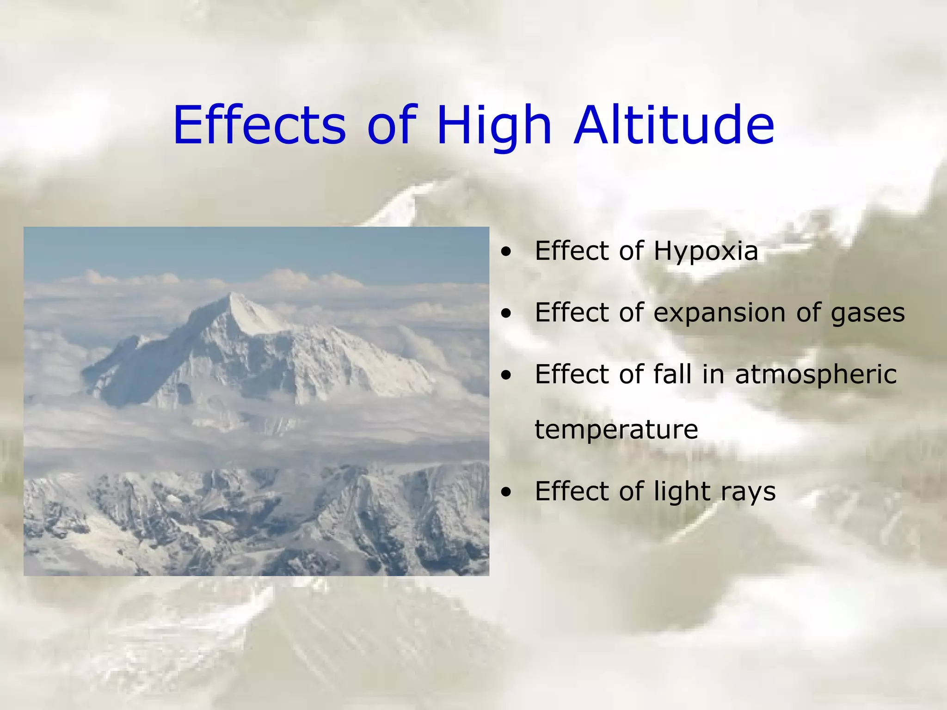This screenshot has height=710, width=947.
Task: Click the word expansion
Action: pos(719,313)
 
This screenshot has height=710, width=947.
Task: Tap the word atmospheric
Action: pos(816,374)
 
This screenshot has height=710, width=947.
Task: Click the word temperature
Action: pos(616,429)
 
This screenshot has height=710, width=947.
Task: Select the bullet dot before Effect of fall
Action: pos(507,375)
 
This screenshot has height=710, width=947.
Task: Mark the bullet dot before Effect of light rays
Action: pos(507,492)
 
